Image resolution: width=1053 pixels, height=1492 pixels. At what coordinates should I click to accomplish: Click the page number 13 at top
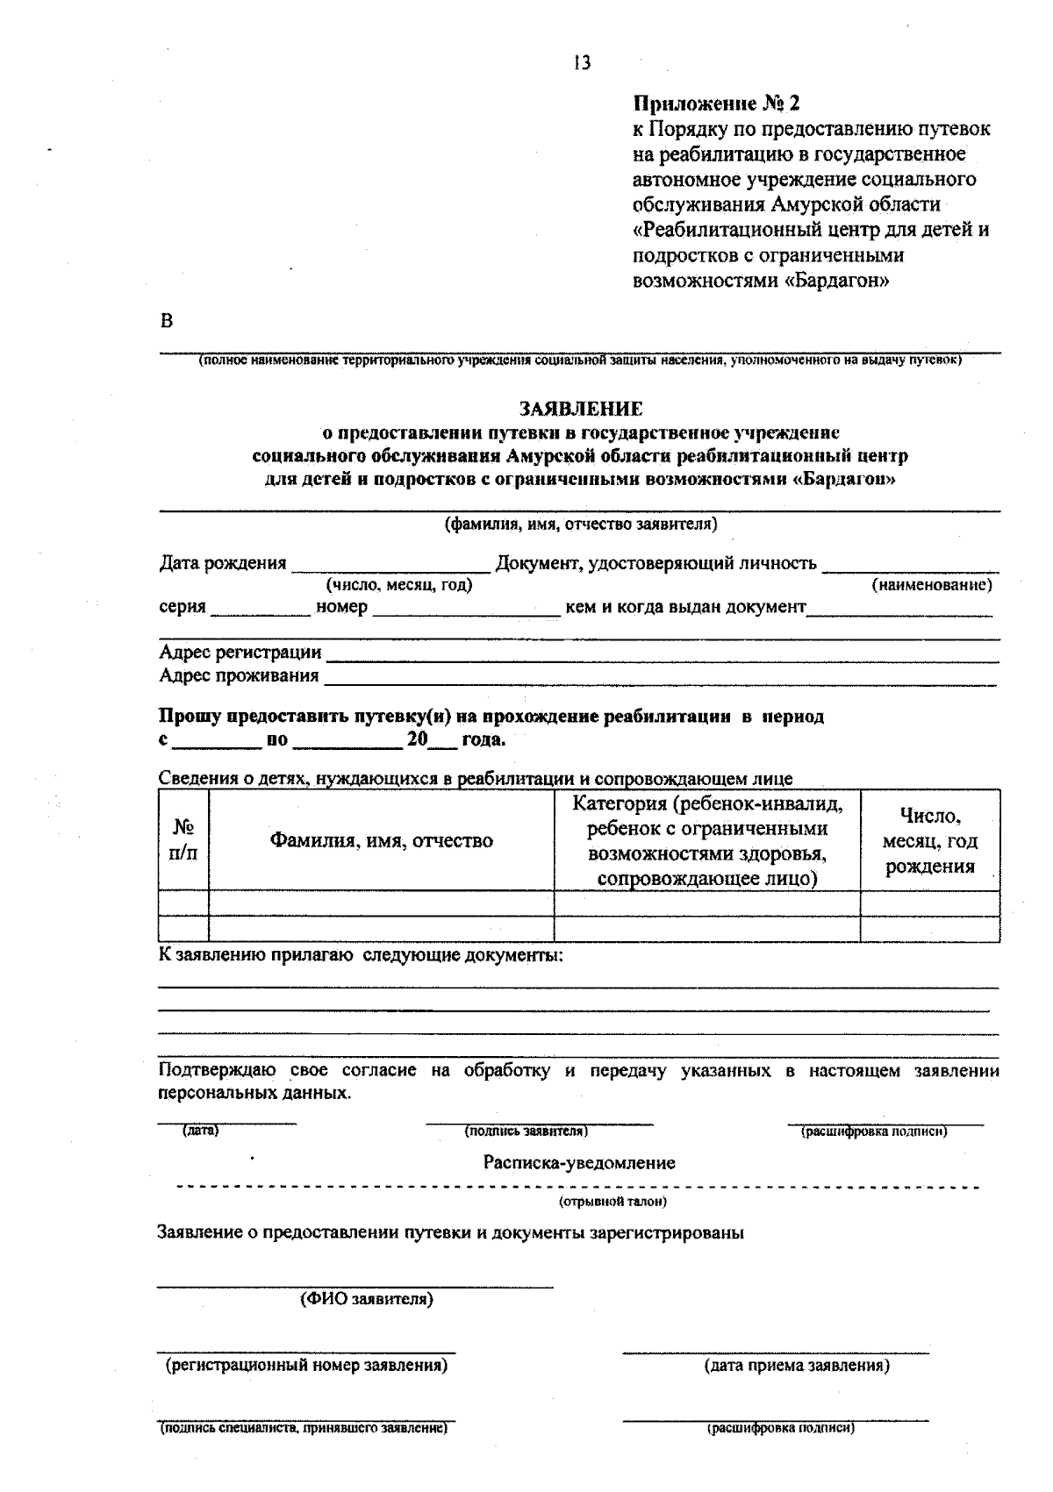[x=582, y=63]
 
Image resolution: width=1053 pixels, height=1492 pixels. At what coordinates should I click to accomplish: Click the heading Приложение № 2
[x=717, y=104]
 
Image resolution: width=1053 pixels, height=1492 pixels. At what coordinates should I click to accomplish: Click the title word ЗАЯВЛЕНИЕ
[x=581, y=409]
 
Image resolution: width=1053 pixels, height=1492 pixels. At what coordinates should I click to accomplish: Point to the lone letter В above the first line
[x=167, y=321]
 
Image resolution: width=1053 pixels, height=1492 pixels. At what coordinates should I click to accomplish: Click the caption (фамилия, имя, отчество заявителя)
[x=581, y=525]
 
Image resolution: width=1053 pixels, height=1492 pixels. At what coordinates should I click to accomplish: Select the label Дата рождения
[x=223, y=563]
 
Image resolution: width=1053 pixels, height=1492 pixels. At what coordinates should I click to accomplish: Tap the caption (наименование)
[x=931, y=584]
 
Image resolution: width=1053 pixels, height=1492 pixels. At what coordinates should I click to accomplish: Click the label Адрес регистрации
[x=240, y=653]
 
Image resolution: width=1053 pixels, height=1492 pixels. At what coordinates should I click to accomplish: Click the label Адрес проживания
[x=239, y=675]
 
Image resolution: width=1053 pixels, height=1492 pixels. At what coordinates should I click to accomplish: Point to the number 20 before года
[x=417, y=739]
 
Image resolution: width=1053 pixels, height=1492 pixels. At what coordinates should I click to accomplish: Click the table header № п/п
[x=183, y=839]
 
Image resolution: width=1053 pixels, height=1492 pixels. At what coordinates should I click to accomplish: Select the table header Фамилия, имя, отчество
[x=381, y=841]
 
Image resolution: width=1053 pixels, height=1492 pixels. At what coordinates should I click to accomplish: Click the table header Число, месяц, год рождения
[x=929, y=841]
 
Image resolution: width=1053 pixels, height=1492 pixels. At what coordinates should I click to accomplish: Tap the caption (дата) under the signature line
[x=200, y=1131]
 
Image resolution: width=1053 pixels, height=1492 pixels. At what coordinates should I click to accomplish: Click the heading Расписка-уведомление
[x=579, y=1163]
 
